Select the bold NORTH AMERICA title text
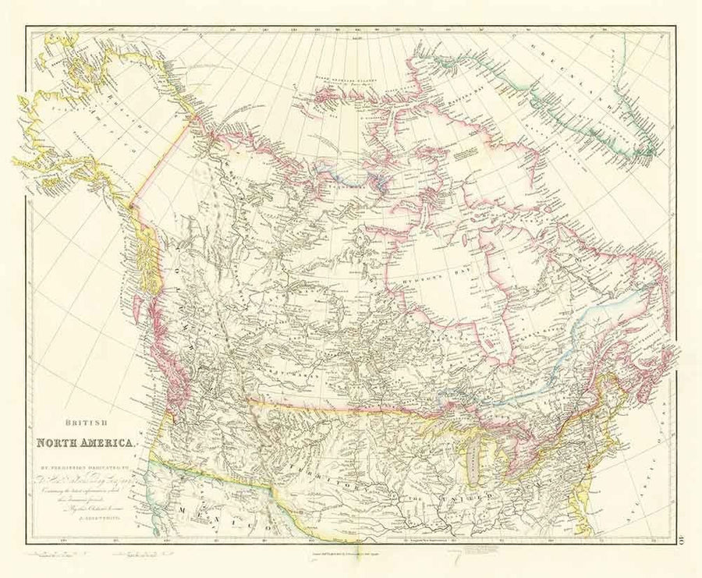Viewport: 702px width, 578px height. coord(86,445)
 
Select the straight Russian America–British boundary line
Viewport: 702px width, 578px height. coord(160,164)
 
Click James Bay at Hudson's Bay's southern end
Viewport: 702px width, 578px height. coord(499,343)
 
